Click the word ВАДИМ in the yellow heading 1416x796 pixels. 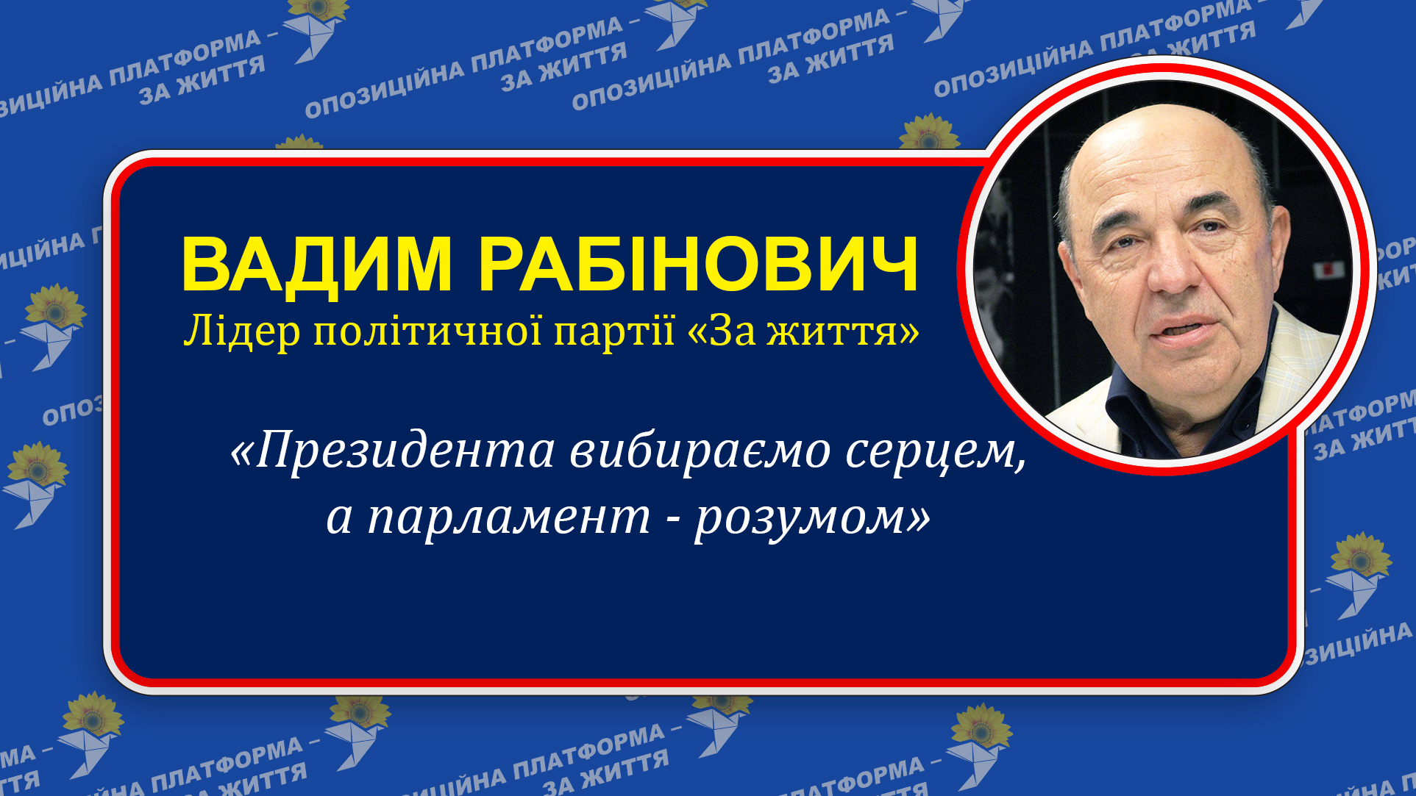[316, 265]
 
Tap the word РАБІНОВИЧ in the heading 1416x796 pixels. [699, 265]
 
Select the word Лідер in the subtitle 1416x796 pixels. [242, 331]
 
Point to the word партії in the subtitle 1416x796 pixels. [614, 331]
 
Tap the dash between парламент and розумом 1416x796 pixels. [672, 519]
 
